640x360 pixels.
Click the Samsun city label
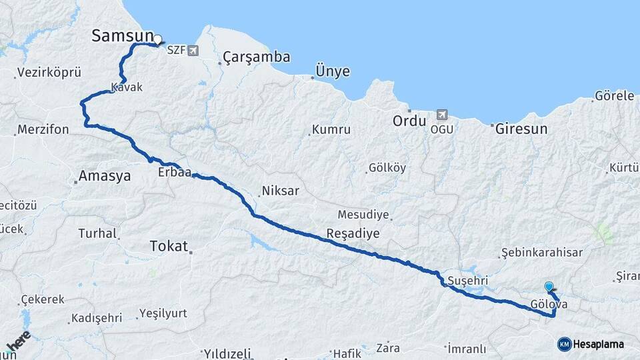(x=122, y=37)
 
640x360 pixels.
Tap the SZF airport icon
(x=193, y=50)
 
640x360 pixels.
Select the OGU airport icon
(x=441, y=115)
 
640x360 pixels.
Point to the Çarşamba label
(x=257, y=57)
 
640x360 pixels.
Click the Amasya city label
(x=105, y=177)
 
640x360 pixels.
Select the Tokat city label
(x=169, y=246)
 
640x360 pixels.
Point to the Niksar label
(x=281, y=191)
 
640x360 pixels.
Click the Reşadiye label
(x=353, y=233)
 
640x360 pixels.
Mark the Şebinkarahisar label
(x=542, y=253)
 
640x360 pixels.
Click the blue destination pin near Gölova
(x=549, y=287)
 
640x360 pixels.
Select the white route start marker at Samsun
(x=158, y=39)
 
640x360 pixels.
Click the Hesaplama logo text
(x=598, y=344)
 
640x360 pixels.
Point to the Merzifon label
(x=43, y=129)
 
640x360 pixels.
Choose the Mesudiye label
(x=363, y=215)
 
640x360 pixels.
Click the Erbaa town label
(x=175, y=173)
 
